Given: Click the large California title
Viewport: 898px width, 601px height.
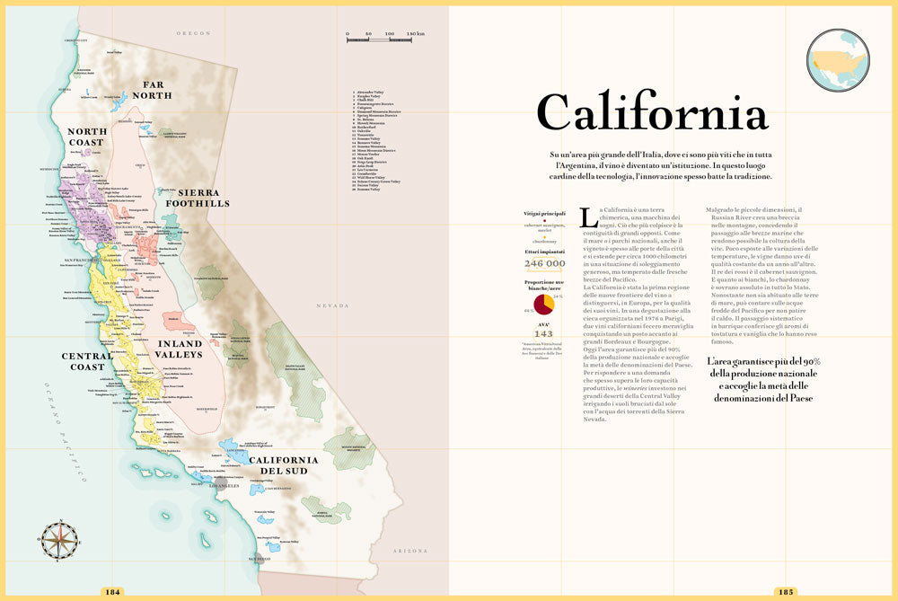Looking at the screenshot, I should pos(652,113).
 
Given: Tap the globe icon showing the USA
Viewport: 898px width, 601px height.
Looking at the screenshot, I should pos(837,60).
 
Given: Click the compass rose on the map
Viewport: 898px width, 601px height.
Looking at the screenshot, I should pos(58,540).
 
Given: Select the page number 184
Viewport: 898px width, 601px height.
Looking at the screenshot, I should pos(113,591).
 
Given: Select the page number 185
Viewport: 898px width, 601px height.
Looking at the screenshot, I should pos(785,591).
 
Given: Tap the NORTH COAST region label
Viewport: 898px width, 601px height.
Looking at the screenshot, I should pos(87,137).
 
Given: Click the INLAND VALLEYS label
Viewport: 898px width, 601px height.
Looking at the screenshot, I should pos(180,349).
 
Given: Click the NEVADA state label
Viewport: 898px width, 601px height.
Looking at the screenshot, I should pos(331,306).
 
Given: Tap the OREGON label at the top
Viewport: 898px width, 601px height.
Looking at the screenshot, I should pos(193,32).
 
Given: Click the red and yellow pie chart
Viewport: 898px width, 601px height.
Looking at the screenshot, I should pos(543,304).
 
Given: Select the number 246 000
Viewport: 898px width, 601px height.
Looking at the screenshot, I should pos(544,263).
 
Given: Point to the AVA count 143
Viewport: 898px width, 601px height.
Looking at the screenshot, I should pos(543,333).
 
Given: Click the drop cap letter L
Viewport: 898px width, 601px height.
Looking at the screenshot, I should pos(588,217).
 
